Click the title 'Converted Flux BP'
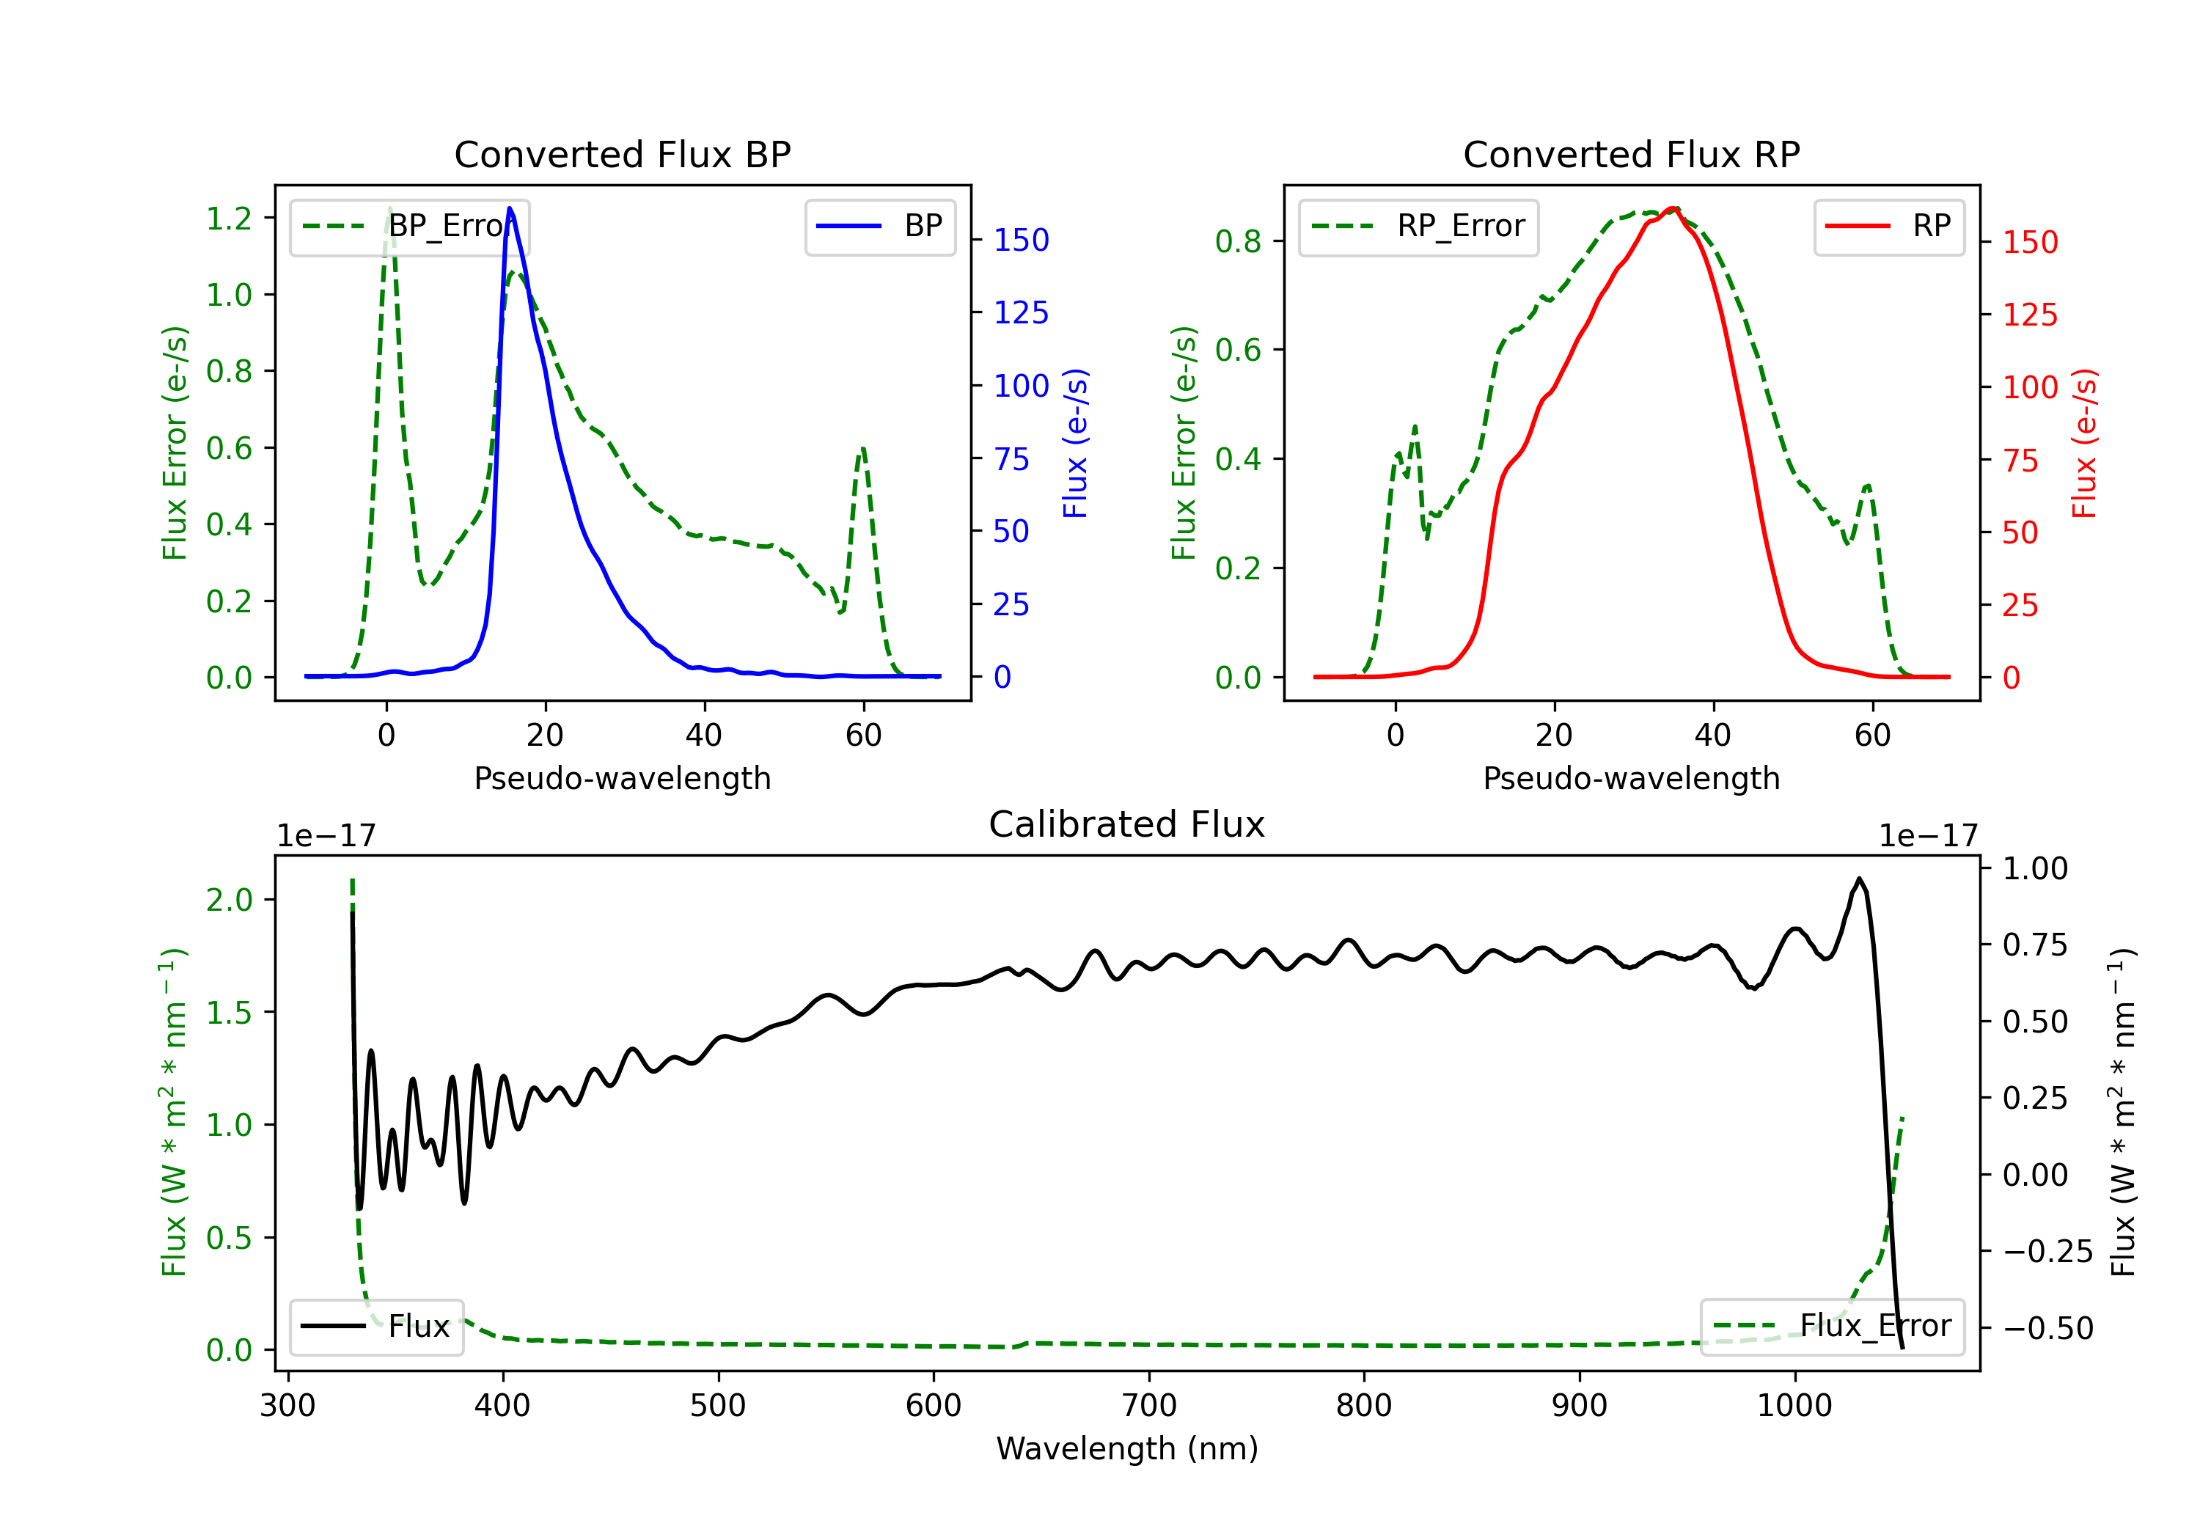point(622,154)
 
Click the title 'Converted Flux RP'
point(1631,154)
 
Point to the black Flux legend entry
point(377,1327)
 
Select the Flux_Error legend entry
point(1832,1327)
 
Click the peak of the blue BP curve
point(510,208)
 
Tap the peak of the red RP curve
point(1672,208)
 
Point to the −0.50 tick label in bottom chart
point(2047,1328)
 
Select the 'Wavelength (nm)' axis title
point(1127,1449)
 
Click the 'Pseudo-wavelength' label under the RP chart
point(1631,778)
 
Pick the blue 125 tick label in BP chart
point(1021,312)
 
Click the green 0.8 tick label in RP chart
point(1238,241)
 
